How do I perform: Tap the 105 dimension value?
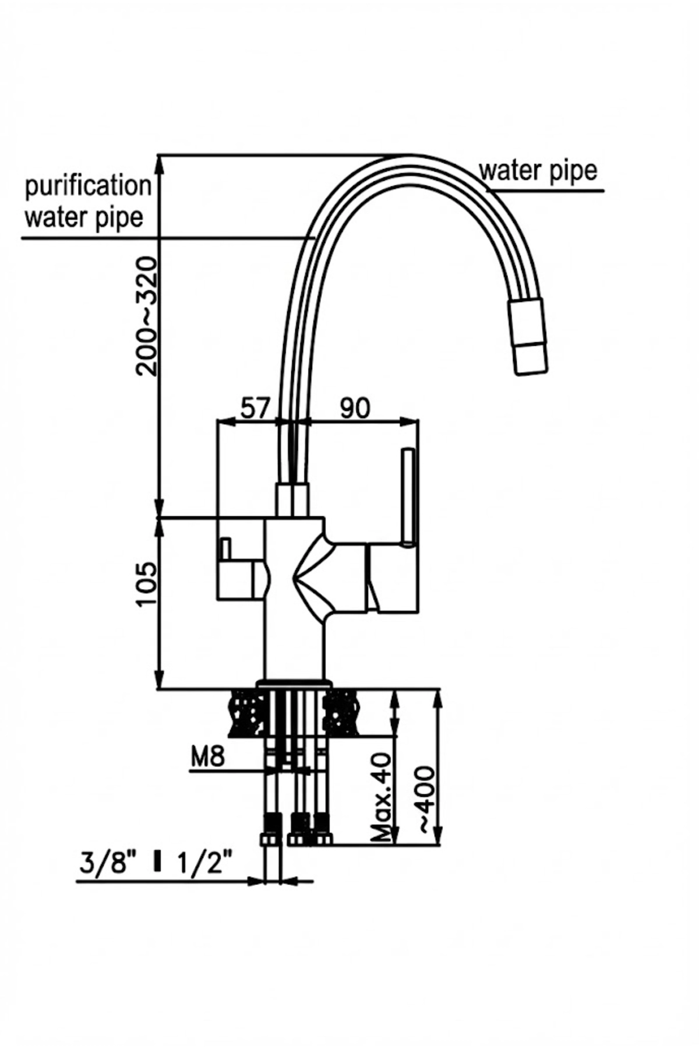coord(146,585)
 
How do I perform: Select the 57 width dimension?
coord(256,408)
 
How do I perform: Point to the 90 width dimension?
coord(355,408)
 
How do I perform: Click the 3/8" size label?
coord(104,862)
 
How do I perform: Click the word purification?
coord(88,186)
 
